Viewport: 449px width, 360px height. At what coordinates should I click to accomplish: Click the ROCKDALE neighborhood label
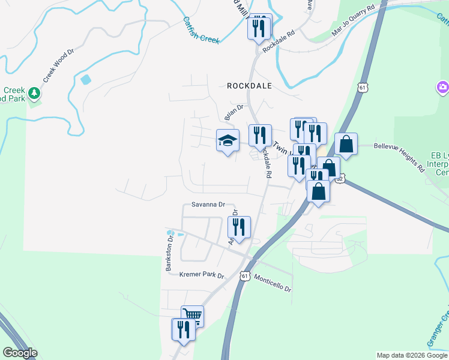pyautogui.click(x=249, y=86)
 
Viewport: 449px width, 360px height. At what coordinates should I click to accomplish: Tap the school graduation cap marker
pyautogui.click(x=228, y=141)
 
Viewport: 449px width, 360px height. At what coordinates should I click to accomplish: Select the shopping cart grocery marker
pyautogui.click(x=192, y=316)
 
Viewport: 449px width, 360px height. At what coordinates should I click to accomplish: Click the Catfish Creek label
pyautogui.click(x=201, y=29)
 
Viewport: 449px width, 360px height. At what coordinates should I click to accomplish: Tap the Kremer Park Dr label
pyautogui.click(x=202, y=275)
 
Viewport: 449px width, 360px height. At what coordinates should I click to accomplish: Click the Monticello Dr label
pyautogui.click(x=273, y=283)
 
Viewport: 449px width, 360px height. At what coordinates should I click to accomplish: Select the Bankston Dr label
pyautogui.click(x=170, y=253)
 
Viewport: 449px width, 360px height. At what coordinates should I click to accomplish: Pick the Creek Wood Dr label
pyautogui.click(x=58, y=65)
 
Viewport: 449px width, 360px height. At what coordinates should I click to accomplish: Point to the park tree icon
pyautogui.click(x=34, y=93)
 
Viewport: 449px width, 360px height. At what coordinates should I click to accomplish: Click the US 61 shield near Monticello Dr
pyautogui.click(x=244, y=276)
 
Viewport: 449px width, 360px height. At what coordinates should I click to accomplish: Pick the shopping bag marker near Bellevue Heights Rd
pyautogui.click(x=346, y=144)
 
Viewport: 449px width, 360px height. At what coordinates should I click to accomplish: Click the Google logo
pyautogui.click(x=20, y=353)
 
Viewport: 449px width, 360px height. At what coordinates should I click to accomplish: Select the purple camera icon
pyautogui.click(x=442, y=88)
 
